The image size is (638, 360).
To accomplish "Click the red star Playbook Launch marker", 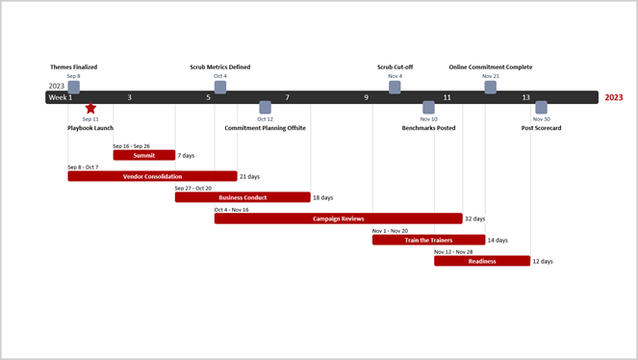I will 90,108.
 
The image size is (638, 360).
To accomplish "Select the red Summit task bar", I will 144,155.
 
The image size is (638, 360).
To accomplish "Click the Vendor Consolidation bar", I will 152,176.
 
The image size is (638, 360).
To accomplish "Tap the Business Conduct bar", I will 242,197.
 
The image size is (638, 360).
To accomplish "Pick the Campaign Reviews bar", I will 339,219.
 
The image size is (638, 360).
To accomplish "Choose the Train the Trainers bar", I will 428,240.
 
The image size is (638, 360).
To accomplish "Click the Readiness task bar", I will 481,261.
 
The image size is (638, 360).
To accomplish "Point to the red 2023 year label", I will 613,97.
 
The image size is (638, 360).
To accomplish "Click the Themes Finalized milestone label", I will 74,67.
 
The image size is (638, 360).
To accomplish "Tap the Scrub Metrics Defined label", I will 219,67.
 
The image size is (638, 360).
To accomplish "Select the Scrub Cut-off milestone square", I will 395,87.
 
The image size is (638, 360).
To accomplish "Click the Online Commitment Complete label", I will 490,67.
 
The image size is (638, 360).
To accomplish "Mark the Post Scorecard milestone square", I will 541,108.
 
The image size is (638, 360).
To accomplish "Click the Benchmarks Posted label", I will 428,128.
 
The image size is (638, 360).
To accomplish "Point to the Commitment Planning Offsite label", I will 265,128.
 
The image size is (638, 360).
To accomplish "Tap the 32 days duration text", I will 475,219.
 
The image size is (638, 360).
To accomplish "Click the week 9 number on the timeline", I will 366,97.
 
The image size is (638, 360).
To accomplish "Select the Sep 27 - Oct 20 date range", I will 193,188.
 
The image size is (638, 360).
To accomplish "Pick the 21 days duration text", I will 249,177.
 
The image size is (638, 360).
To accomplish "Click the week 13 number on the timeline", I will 525,97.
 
